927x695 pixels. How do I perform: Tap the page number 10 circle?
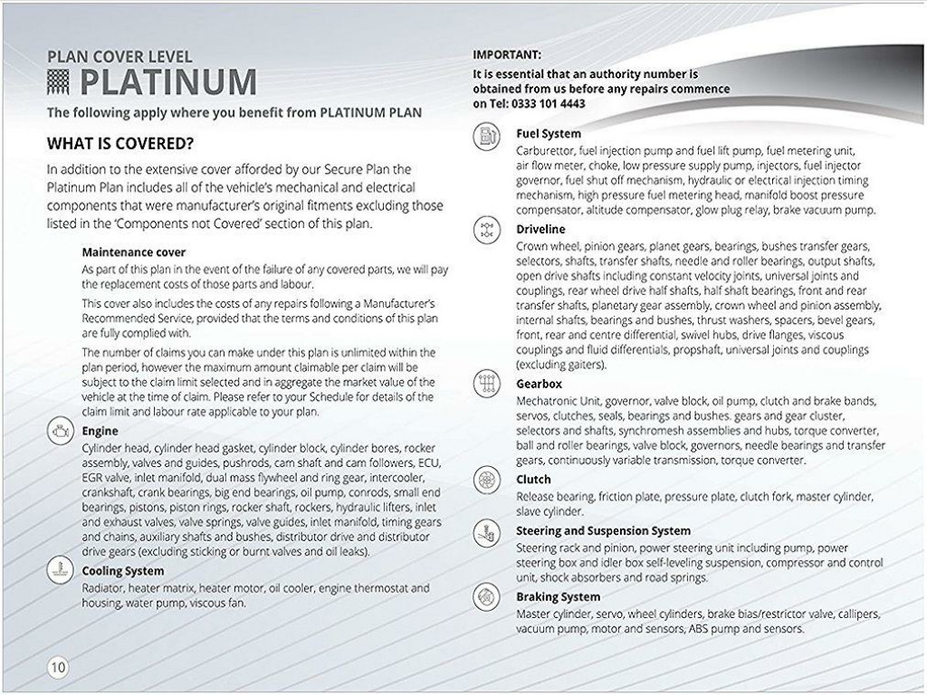coord(57,668)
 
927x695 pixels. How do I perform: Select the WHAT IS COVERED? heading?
coord(121,144)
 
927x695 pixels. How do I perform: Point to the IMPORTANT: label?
coord(507,54)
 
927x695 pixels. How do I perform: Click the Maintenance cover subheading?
coord(134,252)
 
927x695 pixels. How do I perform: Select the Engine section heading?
coord(100,432)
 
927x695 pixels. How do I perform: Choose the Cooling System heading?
coord(123,571)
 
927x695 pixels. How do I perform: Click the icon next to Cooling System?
coord(59,569)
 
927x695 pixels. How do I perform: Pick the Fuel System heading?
coord(549,134)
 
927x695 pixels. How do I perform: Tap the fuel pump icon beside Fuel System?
coord(487,137)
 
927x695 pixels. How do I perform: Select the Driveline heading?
coord(540,229)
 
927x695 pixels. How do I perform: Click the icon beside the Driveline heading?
coord(487,230)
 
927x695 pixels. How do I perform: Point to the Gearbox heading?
coord(539,384)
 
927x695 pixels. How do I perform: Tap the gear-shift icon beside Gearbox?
coord(487,385)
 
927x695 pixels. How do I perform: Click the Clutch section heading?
coord(533,480)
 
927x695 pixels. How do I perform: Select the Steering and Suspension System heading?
coord(603,531)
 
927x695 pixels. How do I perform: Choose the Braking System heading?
coord(558,597)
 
